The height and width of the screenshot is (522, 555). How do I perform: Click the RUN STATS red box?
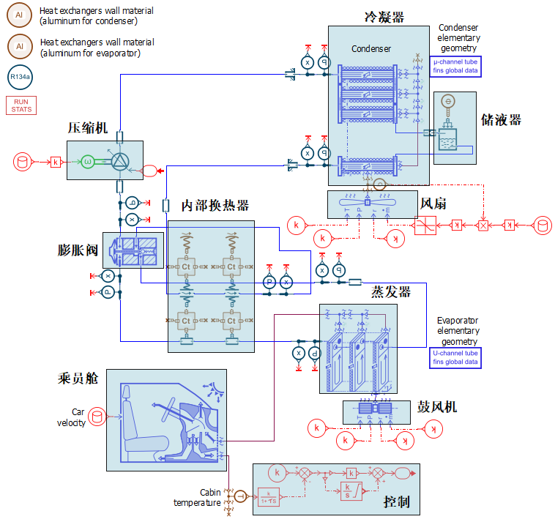pos(21,105)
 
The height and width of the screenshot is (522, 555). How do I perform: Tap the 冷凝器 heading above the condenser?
pos(384,17)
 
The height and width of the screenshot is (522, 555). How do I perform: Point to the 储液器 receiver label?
pos(501,119)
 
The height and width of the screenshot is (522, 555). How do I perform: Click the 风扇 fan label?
pos(433,202)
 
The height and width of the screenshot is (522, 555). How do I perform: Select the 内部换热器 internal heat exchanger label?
pos(215,206)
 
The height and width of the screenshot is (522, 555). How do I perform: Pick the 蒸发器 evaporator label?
pos(390,292)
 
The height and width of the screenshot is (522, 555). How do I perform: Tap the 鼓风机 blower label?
pos(437,406)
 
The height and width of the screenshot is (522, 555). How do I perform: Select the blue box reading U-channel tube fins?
pos(455,357)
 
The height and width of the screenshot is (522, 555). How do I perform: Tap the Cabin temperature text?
pos(197,498)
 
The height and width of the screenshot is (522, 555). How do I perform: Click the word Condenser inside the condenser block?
pos(371,49)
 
